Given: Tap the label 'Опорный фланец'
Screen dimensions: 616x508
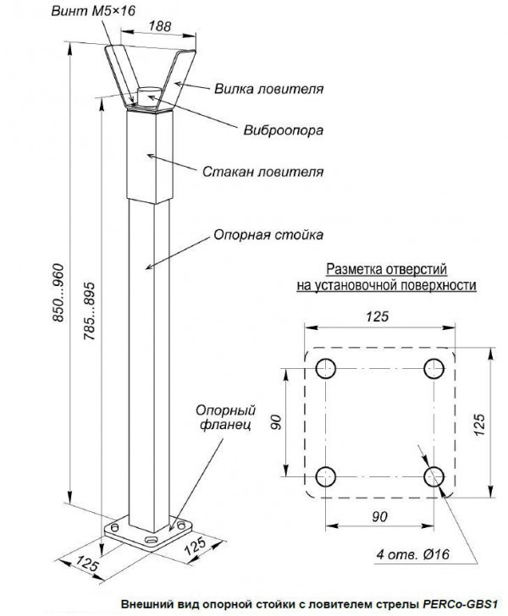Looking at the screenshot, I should [224, 418].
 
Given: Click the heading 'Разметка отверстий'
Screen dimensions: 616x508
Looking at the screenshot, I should [386, 268].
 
